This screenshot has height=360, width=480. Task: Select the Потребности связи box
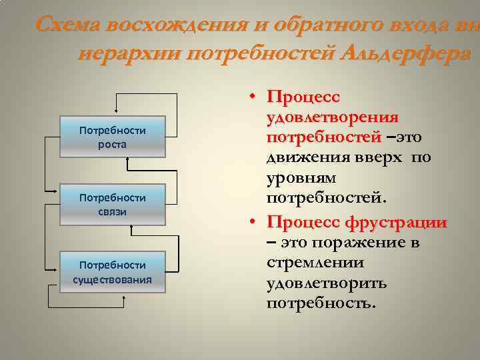coord(112,205)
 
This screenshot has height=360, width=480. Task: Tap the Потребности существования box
coord(112,271)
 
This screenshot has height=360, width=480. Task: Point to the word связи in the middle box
coord(112,212)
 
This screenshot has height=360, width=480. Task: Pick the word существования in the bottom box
coord(112,279)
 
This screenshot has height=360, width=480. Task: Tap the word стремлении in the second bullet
coord(310,263)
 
